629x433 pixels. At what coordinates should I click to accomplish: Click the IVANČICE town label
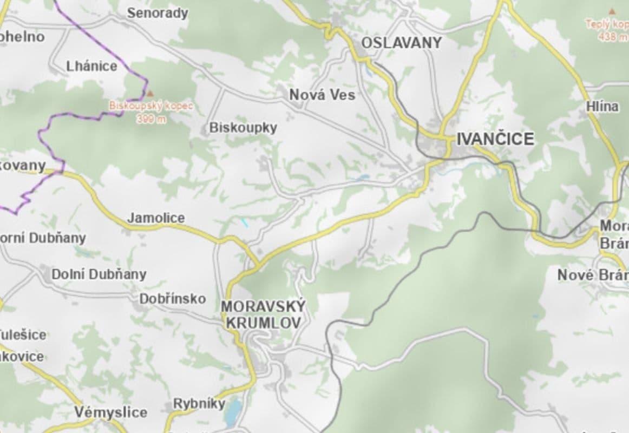[x=495, y=139]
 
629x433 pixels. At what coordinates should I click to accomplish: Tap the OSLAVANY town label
[x=402, y=43]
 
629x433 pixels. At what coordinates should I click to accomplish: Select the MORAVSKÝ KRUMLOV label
[x=263, y=314]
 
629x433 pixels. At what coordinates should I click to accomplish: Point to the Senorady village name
[x=158, y=13]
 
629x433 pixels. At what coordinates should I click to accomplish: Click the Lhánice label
[x=91, y=67]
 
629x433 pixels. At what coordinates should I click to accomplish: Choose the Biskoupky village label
[x=243, y=128]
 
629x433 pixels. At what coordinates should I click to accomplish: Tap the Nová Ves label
[x=322, y=95]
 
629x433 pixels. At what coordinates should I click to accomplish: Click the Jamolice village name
[x=156, y=218]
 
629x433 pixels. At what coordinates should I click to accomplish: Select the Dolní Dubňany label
[x=99, y=274]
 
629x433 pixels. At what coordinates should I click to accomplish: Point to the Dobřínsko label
[x=173, y=299]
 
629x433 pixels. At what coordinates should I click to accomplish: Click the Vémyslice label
[x=110, y=412]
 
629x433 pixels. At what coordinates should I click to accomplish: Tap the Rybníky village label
[x=199, y=404]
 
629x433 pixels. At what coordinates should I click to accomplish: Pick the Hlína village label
[x=602, y=107]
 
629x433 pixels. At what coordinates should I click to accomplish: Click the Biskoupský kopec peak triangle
[x=150, y=94]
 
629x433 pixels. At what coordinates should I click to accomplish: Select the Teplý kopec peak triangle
[x=612, y=11]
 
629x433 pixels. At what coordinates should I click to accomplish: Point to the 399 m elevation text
[x=151, y=120]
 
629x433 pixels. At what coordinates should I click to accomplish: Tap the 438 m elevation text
[x=613, y=37]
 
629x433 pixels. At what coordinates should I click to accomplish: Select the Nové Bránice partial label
[x=593, y=275]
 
